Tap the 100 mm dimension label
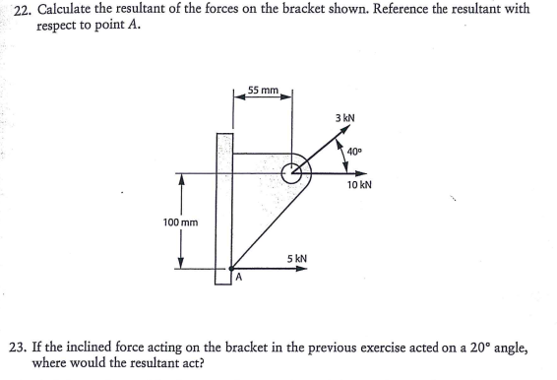181,222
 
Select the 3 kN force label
344,118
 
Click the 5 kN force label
297,258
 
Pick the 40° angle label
357,151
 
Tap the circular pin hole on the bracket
292,173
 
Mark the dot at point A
231,267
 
